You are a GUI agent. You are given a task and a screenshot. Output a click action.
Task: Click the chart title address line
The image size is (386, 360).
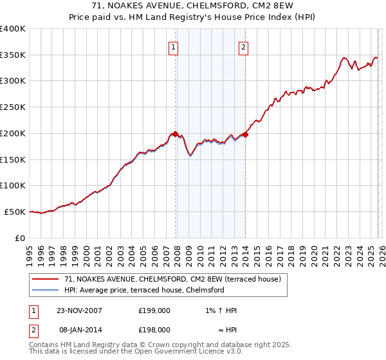192,6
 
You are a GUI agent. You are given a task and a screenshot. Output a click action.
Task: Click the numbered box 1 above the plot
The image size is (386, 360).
174,46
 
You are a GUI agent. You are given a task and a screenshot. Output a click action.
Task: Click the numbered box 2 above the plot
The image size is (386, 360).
244,46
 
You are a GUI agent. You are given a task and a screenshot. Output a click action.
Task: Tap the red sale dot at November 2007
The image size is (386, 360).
175,134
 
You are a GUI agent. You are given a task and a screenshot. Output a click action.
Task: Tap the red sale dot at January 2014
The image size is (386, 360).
245,134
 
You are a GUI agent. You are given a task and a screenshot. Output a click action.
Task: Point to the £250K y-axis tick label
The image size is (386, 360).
13,107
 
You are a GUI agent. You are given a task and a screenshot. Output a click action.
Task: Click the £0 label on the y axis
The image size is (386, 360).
20,238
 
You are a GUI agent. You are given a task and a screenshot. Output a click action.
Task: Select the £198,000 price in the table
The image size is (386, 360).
154,329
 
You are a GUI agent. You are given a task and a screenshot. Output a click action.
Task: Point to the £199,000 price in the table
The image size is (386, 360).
154,310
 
